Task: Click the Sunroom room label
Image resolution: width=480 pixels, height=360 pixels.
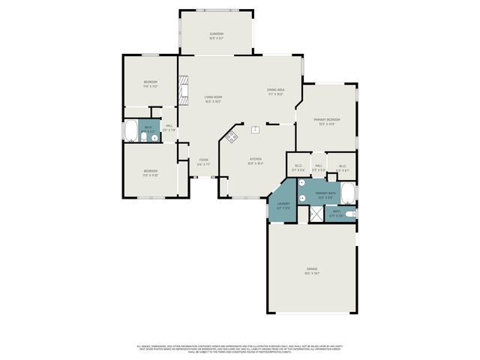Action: click(x=216, y=34)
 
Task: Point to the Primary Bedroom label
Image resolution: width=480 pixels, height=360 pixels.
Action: click(x=327, y=120)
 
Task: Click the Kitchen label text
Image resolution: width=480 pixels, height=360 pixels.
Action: click(x=255, y=160)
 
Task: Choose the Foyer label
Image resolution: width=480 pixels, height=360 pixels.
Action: click(x=202, y=160)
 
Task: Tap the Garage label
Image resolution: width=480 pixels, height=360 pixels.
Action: click(x=312, y=269)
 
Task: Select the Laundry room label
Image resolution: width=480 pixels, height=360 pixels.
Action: click(x=283, y=204)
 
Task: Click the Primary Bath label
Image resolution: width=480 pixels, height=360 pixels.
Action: click(x=325, y=194)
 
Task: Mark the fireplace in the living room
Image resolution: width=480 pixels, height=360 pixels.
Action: click(x=181, y=92)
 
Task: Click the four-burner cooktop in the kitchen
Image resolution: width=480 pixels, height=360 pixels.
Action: click(x=232, y=136)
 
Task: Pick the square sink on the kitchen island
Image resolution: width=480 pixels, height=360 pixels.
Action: click(x=256, y=129)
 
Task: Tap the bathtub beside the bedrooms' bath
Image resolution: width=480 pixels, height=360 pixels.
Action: click(x=130, y=131)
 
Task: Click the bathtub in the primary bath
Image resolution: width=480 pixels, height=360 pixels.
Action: click(x=349, y=194)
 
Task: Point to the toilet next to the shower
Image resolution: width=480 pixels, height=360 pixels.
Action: click(x=351, y=214)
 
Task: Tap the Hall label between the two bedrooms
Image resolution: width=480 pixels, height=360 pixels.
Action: click(x=169, y=127)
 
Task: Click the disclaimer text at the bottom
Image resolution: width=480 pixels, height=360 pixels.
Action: click(x=239, y=349)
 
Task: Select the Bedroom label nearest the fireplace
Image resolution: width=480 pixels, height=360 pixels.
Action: click(x=151, y=83)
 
